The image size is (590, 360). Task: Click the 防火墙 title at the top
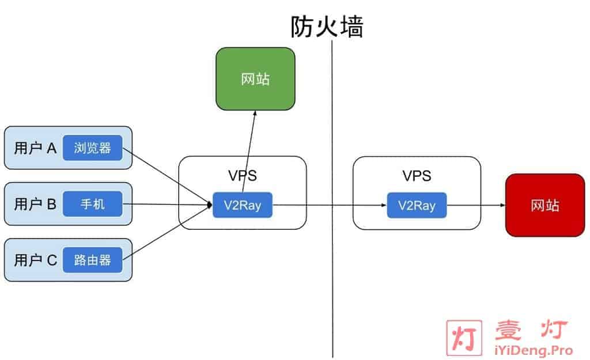[327, 26]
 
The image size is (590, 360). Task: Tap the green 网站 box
[255, 79]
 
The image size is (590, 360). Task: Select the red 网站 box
[545, 206]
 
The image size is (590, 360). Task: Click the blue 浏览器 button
[93, 148]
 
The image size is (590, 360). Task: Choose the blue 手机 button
[93, 204]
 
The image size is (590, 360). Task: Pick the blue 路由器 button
[93, 260]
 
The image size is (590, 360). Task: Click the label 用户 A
[35, 148]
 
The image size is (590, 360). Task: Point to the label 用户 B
[35, 204]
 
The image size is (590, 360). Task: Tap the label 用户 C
[35, 260]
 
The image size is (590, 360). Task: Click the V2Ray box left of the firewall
[243, 205]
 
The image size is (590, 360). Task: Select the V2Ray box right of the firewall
[417, 206]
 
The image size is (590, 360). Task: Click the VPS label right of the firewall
[417, 176]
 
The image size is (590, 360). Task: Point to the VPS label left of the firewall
[243, 176]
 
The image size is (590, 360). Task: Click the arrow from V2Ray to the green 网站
[249, 151]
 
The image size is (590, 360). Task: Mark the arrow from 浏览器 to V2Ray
[168, 176]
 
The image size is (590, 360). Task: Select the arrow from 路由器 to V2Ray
[168, 232]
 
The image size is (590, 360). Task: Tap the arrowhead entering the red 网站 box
[502, 205]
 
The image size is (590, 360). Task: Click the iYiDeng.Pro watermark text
[534, 350]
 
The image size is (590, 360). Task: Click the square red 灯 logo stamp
[464, 338]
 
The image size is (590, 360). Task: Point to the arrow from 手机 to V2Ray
[168, 204]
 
